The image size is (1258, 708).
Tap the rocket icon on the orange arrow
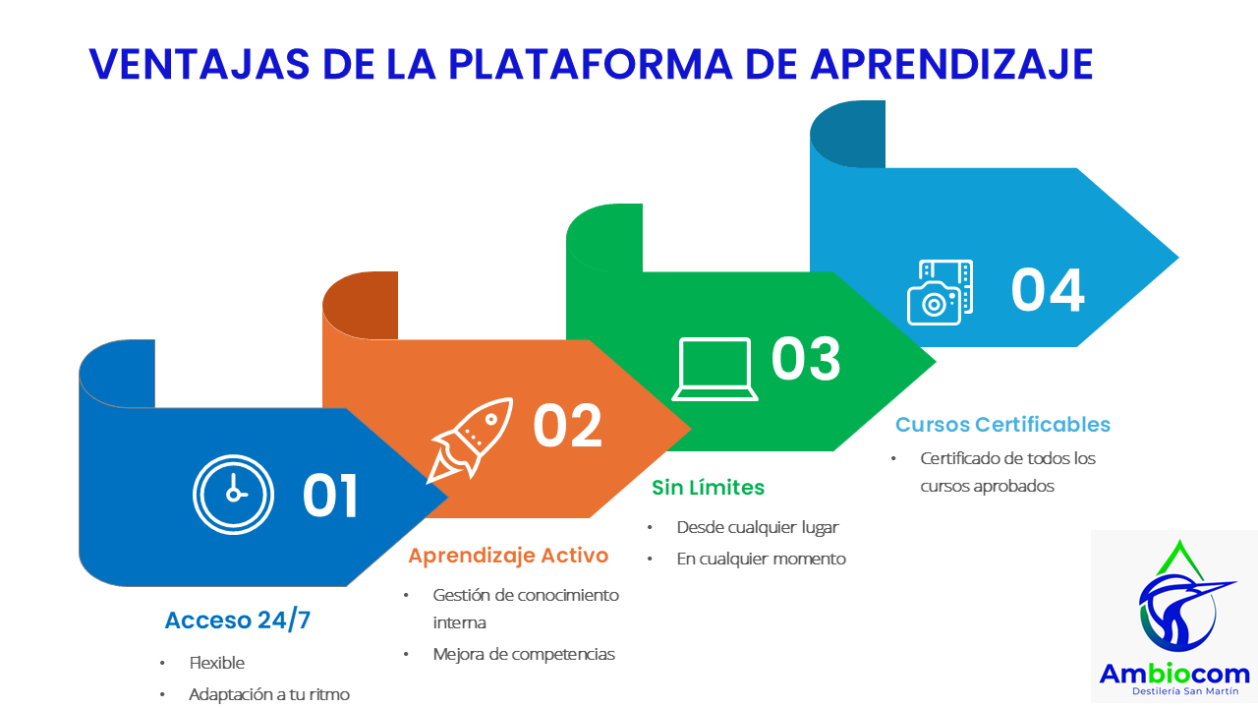pos(471,440)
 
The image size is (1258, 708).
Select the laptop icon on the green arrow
pos(715,369)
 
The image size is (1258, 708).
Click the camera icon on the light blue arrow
pos(941,292)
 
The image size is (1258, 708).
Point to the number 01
pos(329,496)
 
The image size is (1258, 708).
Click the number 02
pos(567,426)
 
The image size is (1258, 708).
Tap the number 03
pos(806,359)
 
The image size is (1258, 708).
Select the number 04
pos(1048,290)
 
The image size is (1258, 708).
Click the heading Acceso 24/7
pos(238,620)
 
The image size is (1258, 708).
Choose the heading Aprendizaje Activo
pos(508,556)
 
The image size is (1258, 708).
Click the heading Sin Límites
pos(709,487)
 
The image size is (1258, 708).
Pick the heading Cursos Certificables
pos(1003,424)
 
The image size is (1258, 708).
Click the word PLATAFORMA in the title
pos(591,64)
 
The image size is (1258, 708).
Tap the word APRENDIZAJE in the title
pos(952,64)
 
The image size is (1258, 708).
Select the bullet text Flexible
pos(217,663)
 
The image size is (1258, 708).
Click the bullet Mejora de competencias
pos(524,655)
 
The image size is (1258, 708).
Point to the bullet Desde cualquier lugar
pos(758,528)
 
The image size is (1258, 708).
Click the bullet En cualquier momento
pos(761,560)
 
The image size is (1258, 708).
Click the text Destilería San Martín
pos(1185,691)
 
